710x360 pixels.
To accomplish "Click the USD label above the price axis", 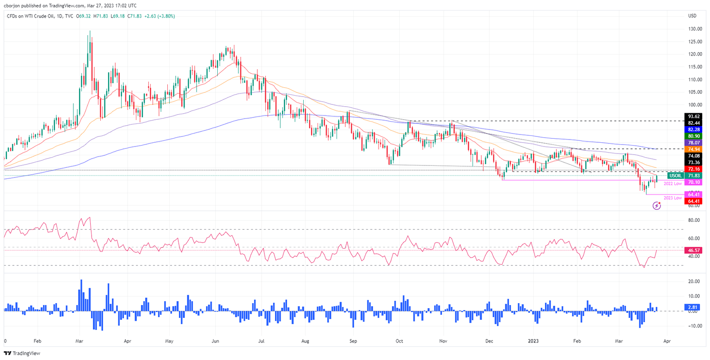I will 692,16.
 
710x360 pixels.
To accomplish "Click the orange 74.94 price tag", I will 695,149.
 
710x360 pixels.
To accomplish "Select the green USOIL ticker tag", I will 675,176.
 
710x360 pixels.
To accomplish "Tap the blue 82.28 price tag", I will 695,130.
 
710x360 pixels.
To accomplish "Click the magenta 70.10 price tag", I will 695,183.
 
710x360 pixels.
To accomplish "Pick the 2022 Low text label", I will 673,184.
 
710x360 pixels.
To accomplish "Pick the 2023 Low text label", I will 673,198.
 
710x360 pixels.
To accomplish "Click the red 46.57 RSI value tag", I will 695,250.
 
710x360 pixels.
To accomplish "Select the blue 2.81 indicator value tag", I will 695,307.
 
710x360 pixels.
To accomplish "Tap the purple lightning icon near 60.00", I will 657,206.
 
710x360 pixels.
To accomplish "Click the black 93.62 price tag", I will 695,116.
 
